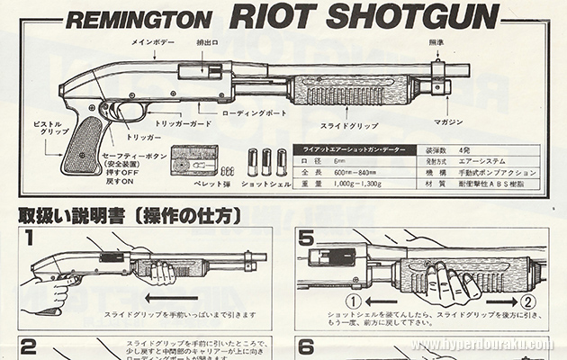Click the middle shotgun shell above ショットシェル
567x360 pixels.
(267, 162)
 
